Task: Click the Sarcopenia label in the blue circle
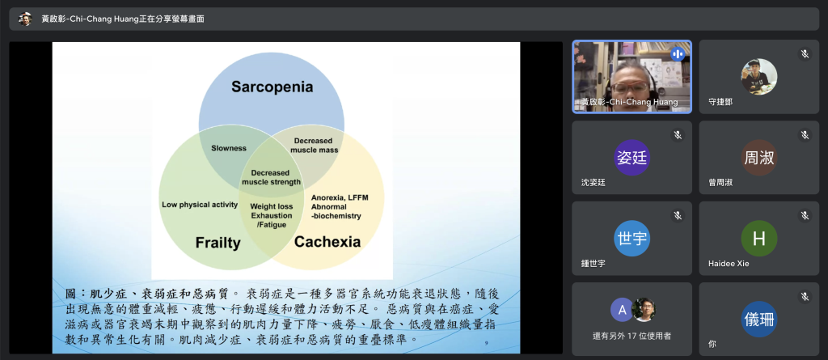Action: tap(272, 87)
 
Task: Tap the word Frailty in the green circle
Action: tap(218, 243)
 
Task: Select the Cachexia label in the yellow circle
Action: tap(327, 242)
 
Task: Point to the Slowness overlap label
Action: tap(229, 149)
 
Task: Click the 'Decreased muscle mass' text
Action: tap(313, 146)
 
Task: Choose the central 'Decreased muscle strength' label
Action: tap(272, 178)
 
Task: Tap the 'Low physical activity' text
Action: tap(200, 205)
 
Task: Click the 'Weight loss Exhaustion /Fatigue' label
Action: tap(272, 216)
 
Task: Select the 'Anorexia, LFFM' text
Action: tap(340, 197)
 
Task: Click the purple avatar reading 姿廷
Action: tap(632, 158)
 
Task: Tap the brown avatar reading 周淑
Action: tap(758, 158)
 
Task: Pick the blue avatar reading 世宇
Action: tap(632, 239)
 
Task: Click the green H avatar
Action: tap(758, 239)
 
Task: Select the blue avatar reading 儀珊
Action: tap(758, 320)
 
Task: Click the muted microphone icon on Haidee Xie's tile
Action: tap(805, 215)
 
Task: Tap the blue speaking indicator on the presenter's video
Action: tap(677, 54)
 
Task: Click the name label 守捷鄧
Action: tap(720, 102)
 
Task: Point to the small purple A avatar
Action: tap(622, 310)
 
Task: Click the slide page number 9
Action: tap(486, 344)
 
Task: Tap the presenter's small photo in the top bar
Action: tap(25, 19)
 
